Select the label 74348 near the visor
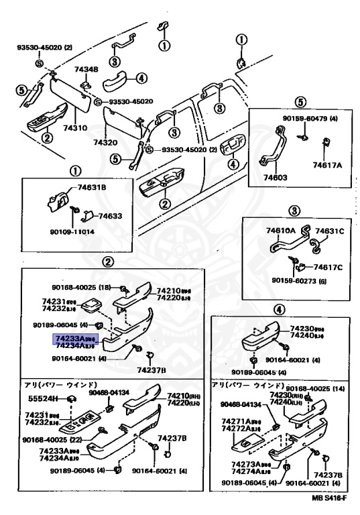[x=85, y=70]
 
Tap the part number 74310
[x=74, y=127]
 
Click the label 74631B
[x=91, y=188]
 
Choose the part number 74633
[x=110, y=216]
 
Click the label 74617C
[x=328, y=267]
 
